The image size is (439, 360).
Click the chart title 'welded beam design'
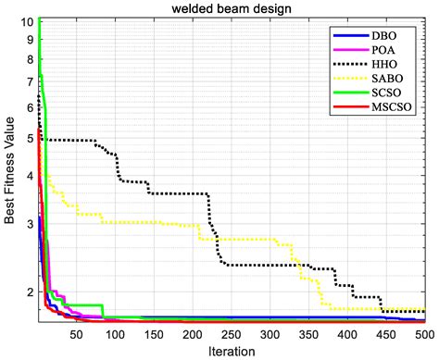point(232,8)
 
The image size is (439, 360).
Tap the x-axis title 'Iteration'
point(232,351)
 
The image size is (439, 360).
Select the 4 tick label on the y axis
point(29,176)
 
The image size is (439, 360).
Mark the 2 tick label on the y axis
point(29,292)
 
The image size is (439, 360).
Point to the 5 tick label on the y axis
point(29,138)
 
